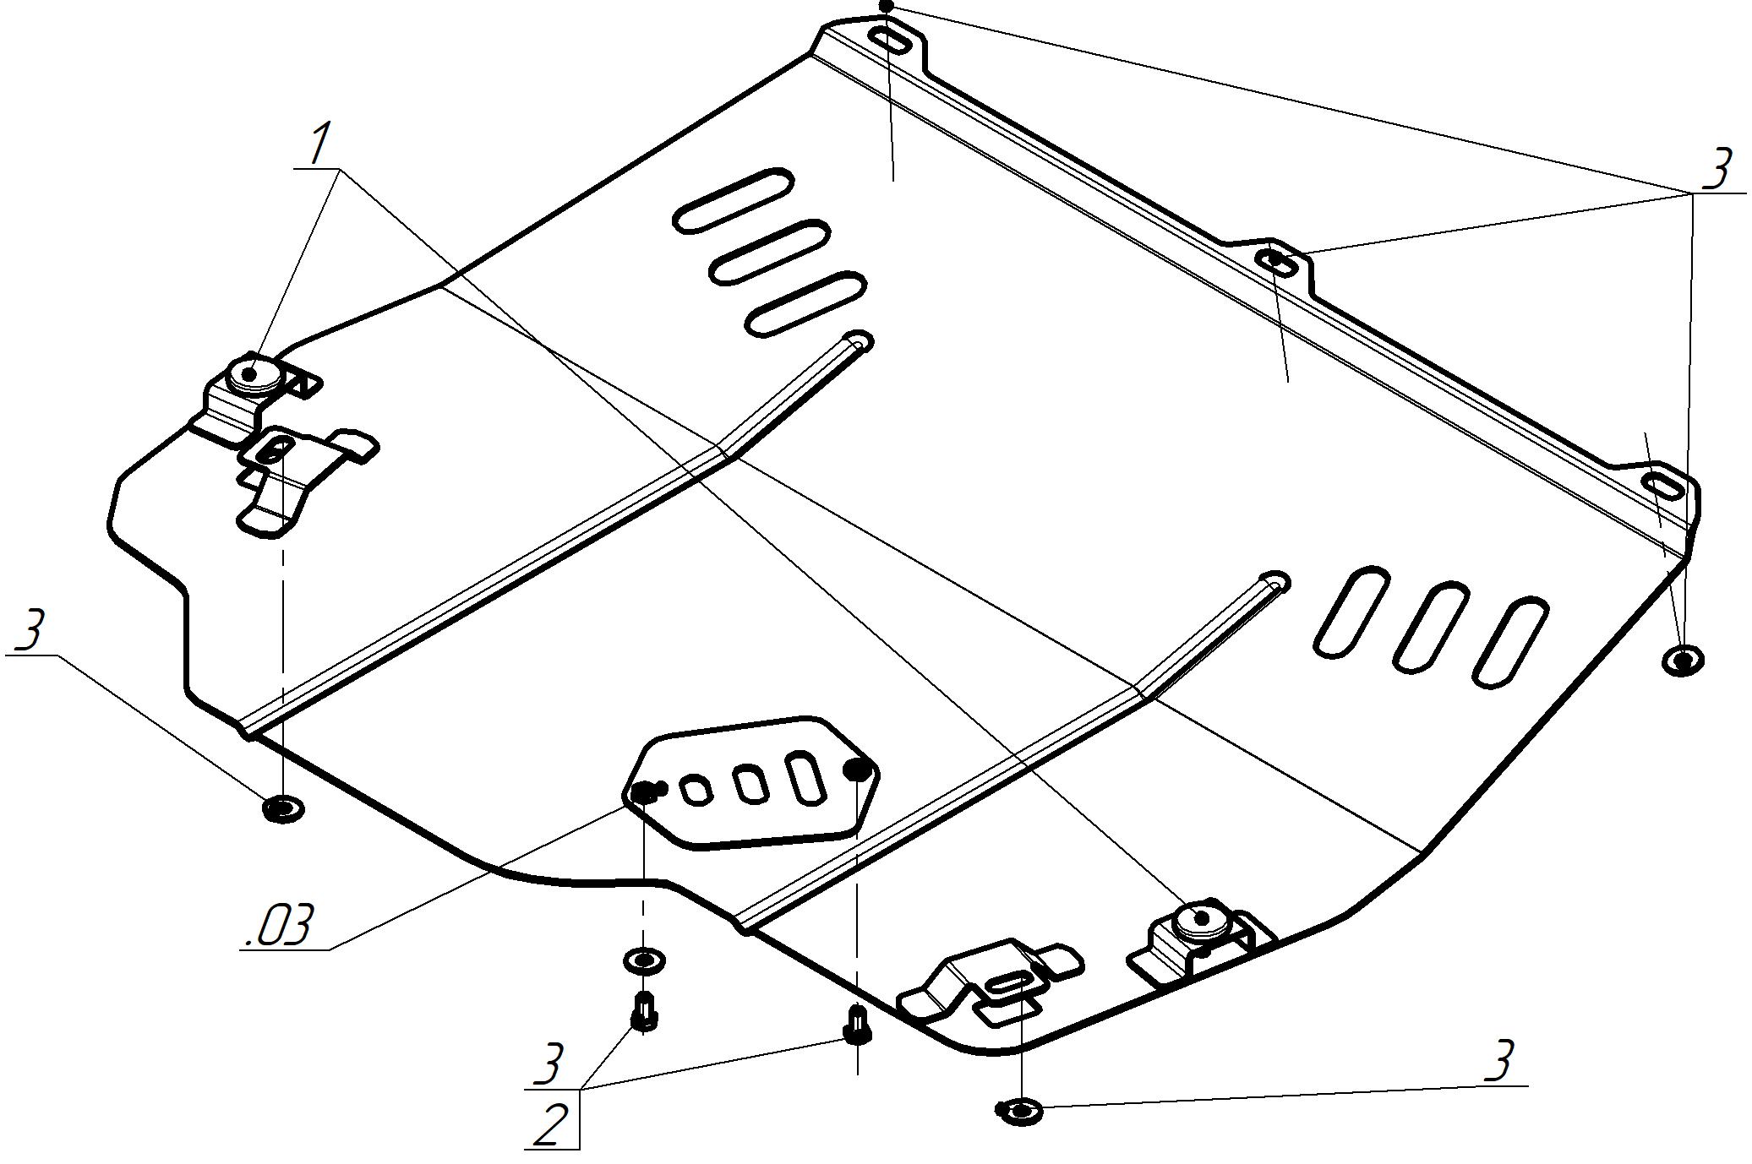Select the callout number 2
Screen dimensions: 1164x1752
550,1123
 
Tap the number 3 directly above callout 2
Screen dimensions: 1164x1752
549,1064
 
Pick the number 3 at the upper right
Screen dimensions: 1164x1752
1716,169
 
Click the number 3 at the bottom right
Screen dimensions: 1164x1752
1498,1061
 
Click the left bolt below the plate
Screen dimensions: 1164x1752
645,1012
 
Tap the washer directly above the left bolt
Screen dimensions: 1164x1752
643,960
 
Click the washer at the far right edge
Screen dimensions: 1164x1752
1682,660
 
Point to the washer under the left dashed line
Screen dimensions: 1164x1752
283,808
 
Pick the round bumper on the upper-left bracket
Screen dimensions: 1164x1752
253,373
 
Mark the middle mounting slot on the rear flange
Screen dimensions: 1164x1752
1280,262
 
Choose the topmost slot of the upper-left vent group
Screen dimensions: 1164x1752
733,200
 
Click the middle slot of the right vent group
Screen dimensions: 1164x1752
1430,626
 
